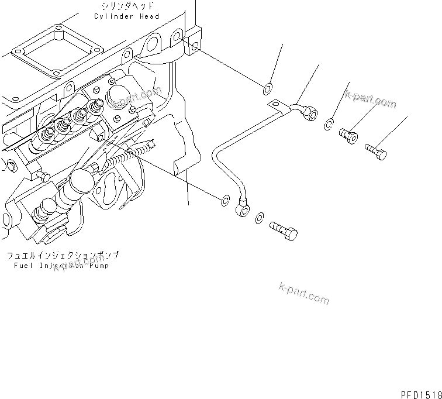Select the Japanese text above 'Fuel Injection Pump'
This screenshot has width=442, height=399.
coord(63,256)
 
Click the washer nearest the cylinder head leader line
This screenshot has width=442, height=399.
coord(266,89)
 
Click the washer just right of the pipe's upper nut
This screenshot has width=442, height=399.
coord(329,123)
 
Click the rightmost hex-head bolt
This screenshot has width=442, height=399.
coord(377,150)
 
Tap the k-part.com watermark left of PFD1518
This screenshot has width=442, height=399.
coord(304,292)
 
